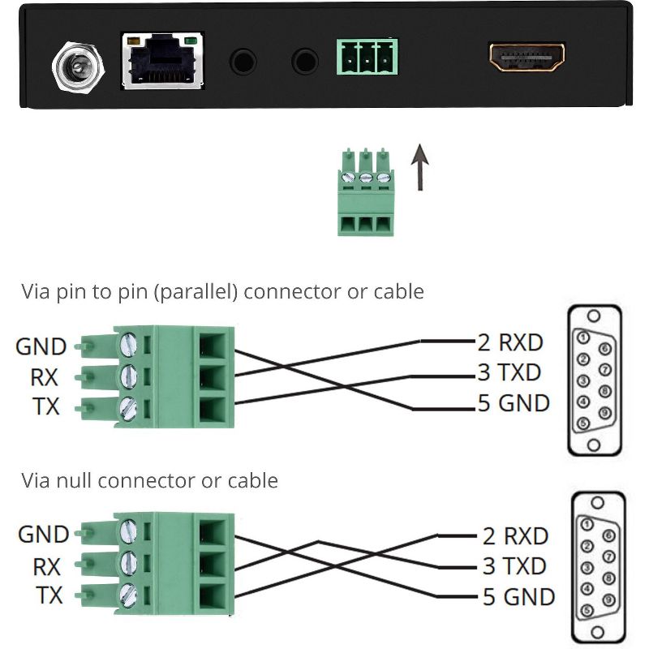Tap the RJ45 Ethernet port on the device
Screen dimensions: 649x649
(x=162, y=61)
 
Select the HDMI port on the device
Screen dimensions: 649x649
(x=527, y=58)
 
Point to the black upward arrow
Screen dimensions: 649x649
(x=419, y=167)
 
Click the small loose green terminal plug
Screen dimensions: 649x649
(x=365, y=192)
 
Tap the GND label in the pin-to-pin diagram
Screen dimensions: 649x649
(x=41, y=347)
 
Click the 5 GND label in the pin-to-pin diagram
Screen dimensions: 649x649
(x=513, y=402)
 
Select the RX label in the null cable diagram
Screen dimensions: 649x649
(x=47, y=565)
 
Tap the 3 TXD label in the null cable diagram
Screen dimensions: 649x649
(x=514, y=566)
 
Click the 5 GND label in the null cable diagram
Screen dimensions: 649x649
(x=518, y=597)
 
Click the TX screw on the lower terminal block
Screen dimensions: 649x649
(x=129, y=594)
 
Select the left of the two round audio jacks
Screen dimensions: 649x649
(x=243, y=60)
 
